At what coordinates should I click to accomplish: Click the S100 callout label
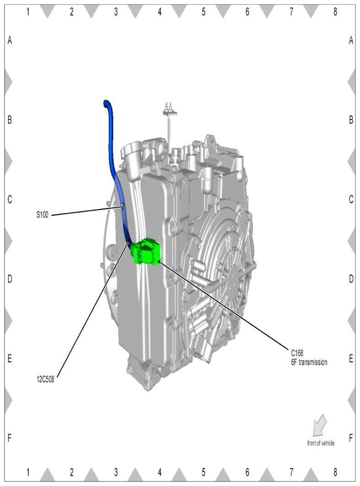(x=42, y=215)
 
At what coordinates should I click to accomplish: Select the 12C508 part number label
(x=45, y=379)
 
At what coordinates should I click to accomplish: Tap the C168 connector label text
(x=297, y=353)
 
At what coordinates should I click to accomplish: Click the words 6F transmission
(x=309, y=362)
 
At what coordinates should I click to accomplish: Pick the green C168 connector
(x=146, y=252)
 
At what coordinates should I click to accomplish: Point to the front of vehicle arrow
(x=320, y=425)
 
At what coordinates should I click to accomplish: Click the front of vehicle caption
(x=321, y=443)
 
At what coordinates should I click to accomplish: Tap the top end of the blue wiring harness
(x=106, y=102)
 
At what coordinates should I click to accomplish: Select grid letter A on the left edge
(x=10, y=40)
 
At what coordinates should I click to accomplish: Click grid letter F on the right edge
(x=351, y=438)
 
